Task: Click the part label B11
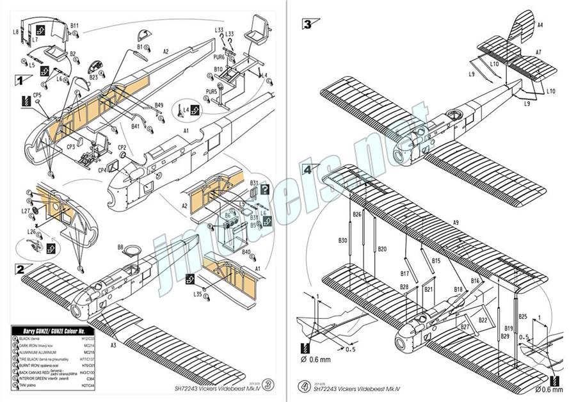[x=74, y=26]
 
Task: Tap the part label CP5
[x=37, y=95]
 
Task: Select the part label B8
[x=120, y=247]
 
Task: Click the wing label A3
[x=113, y=345]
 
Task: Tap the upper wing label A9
[x=456, y=221]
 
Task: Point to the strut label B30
[x=342, y=241]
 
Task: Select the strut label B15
[x=436, y=261]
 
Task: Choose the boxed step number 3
[x=308, y=25]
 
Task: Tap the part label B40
[x=246, y=252]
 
